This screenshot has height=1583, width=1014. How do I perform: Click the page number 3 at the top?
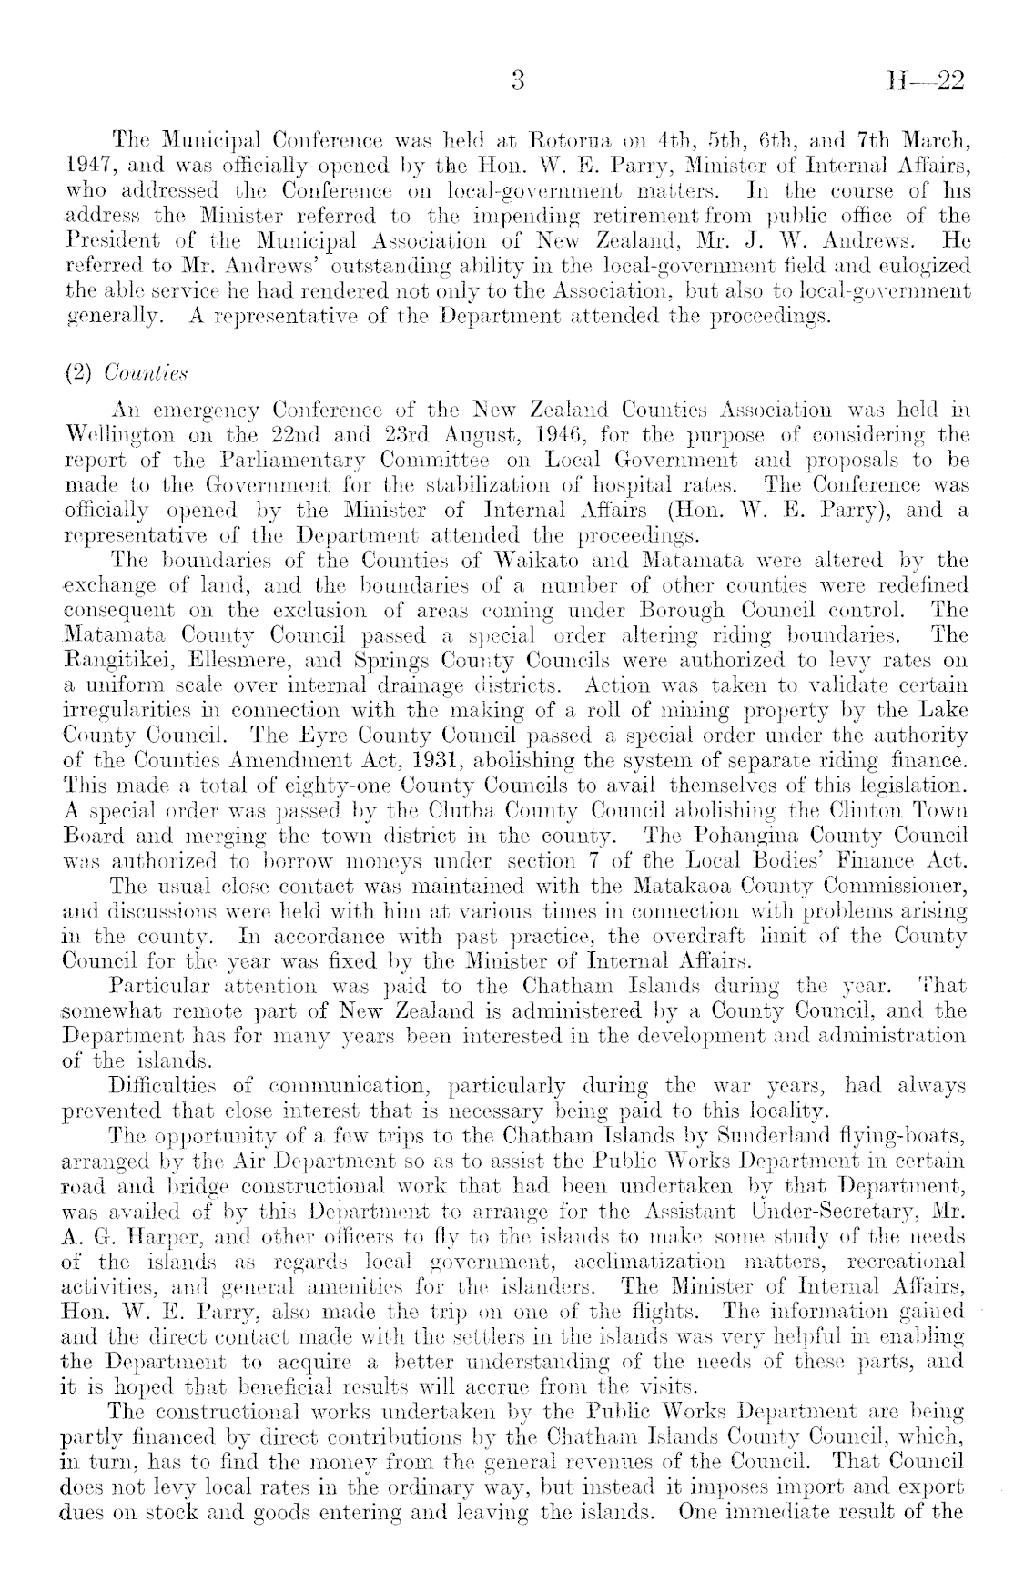click(x=518, y=83)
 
